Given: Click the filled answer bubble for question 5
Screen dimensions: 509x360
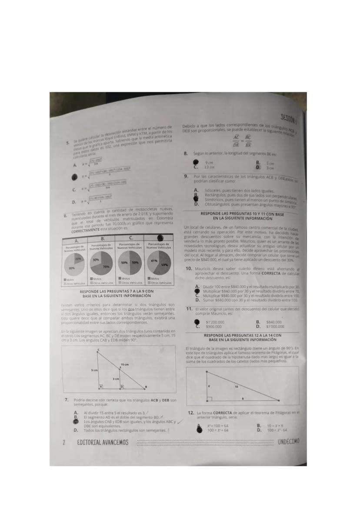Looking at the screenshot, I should [74, 177].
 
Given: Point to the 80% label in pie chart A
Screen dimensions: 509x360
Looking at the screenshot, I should [72, 268].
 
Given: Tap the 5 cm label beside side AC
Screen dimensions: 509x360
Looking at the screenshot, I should [94, 370].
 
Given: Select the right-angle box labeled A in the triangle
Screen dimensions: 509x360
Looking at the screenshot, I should [101, 386].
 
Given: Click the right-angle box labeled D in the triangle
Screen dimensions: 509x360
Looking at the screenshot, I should [121, 386].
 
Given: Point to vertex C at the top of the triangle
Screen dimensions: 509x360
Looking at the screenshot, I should [98, 350].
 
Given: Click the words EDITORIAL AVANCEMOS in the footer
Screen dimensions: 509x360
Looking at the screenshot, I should [103, 442].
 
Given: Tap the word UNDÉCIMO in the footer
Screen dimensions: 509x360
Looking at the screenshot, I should [288, 442].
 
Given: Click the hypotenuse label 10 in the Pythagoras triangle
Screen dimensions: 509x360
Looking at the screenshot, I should [237, 386].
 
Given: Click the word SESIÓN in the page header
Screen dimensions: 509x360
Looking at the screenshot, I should [289, 117].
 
